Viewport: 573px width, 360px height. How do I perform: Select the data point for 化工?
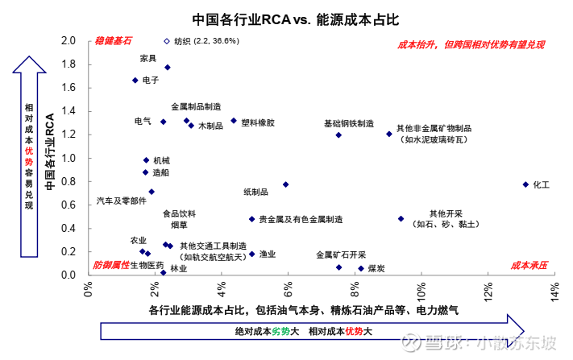pyautogui.click(x=526, y=184)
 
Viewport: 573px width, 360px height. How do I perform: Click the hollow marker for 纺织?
pyautogui.click(x=167, y=41)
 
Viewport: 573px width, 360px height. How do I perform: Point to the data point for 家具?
pyautogui.click(x=168, y=68)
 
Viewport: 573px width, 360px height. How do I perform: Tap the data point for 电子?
pyautogui.click(x=135, y=81)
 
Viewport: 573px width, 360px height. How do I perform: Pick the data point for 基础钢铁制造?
pyautogui.click(x=338, y=135)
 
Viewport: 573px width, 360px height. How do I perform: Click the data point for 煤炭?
pyautogui.click(x=361, y=269)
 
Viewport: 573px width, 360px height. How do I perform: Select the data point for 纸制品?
pyautogui.click(x=285, y=184)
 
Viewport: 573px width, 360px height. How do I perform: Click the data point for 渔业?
pyautogui.click(x=252, y=254)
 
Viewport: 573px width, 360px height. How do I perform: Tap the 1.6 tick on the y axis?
pyautogui.click(x=69, y=87)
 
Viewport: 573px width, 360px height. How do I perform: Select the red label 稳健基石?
pyautogui.click(x=113, y=40)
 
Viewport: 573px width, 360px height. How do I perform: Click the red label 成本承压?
pyautogui.click(x=529, y=265)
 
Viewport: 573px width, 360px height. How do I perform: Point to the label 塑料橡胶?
pyautogui.click(x=259, y=123)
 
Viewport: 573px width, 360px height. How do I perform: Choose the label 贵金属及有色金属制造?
pyautogui.click(x=300, y=219)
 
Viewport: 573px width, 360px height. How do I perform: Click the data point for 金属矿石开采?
pyautogui.click(x=338, y=267)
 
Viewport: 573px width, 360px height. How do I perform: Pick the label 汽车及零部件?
pyautogui.click(x=122, y=200)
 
